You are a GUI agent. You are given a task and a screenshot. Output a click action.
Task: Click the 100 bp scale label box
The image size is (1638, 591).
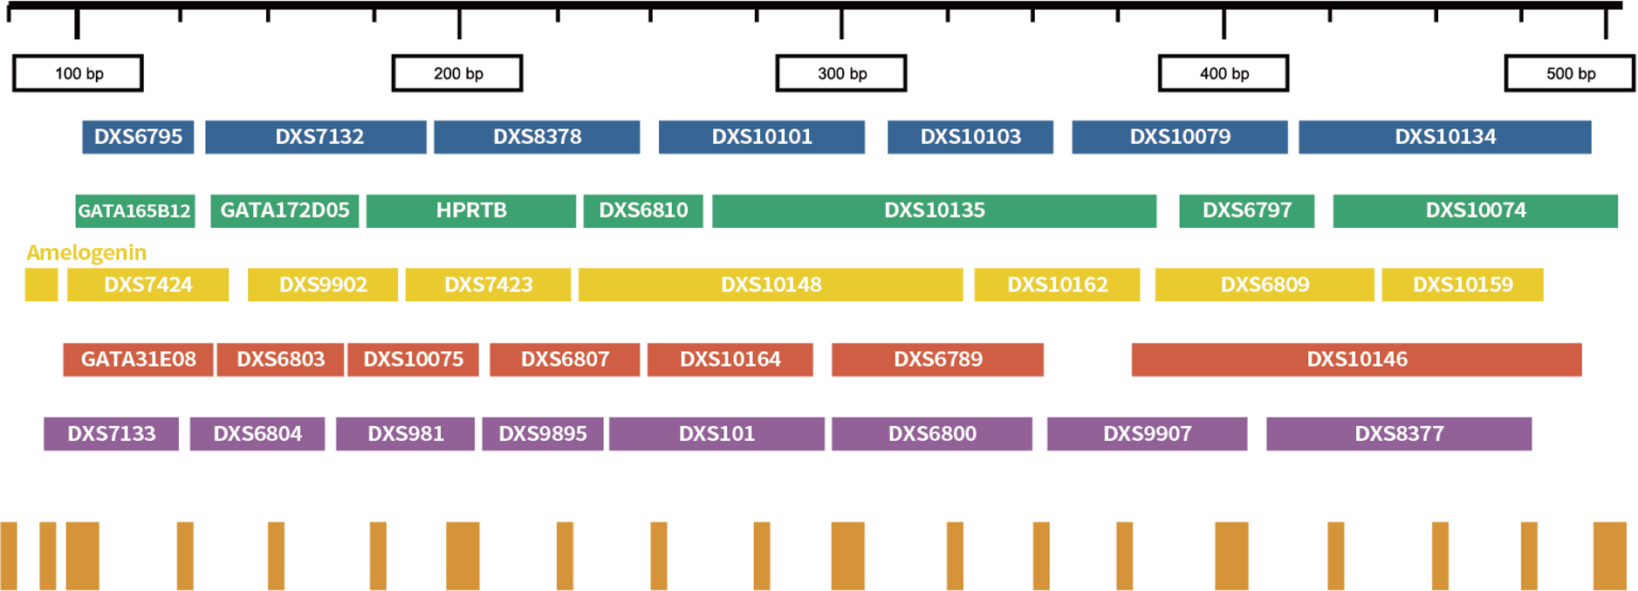78,73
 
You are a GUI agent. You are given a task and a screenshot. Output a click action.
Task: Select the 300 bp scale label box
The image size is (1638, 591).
841,73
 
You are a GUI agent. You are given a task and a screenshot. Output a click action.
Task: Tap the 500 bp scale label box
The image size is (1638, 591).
1570,73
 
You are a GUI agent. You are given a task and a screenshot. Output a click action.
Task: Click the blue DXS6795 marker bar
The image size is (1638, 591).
138,137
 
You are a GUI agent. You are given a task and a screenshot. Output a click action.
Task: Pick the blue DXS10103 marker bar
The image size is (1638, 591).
970,137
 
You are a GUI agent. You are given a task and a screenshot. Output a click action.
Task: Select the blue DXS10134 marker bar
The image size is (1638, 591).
1445,137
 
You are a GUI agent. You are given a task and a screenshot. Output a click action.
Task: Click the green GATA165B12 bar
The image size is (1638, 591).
135,211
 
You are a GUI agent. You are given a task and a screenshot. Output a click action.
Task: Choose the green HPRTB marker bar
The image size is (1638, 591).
471,211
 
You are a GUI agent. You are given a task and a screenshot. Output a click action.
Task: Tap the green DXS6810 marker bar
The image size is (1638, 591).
643,211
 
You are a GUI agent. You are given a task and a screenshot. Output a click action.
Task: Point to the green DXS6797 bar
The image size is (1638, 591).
1247,211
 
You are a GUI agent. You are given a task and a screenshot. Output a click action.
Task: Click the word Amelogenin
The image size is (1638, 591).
86,253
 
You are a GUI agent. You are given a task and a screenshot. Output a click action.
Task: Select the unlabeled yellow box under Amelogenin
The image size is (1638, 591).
41,285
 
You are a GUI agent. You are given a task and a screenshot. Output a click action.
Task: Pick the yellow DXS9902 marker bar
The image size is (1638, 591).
323,285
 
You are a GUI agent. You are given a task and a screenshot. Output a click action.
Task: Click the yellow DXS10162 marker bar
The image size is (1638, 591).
1057,285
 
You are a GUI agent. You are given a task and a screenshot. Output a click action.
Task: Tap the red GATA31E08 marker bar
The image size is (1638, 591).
138,360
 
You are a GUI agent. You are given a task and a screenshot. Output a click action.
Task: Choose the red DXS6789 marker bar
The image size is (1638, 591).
938,360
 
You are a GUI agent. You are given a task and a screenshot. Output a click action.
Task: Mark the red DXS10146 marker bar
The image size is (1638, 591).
1357,360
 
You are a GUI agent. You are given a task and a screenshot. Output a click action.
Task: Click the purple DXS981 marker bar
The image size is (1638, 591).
406,434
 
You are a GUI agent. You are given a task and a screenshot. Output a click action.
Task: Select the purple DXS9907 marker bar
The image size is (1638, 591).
1148,434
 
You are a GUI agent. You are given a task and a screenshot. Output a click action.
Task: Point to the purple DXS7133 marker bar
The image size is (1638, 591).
112,434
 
